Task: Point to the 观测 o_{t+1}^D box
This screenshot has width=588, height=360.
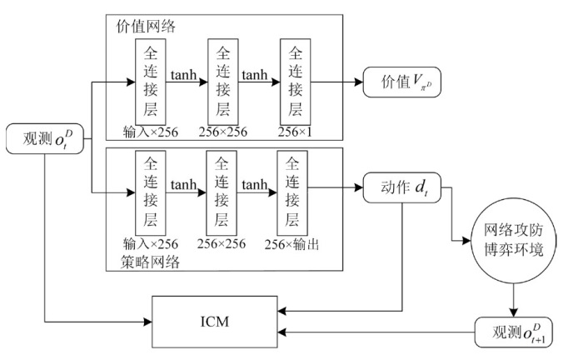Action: (513, 332)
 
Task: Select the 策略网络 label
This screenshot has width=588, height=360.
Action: (147, 260)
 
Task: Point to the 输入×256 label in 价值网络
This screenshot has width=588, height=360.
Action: (150, 130)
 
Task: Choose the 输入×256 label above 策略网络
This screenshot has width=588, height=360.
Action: (150, 245)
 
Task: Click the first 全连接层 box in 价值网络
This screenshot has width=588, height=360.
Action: (151, 82)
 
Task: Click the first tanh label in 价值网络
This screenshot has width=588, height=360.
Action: (185, 75)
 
